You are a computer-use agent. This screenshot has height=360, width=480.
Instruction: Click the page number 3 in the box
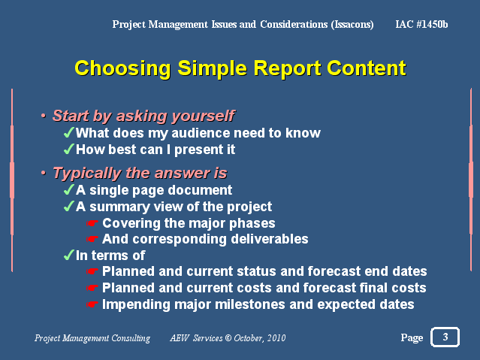click(445, 337)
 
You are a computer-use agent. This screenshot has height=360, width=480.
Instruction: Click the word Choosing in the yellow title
click(122, 68)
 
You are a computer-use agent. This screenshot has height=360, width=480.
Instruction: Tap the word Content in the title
click(367, 68)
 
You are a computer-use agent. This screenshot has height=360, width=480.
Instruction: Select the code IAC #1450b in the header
click(421, 24)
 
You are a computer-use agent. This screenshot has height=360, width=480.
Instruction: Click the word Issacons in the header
click(352, 25)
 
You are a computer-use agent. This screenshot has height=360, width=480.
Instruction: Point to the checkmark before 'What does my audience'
click(69, 132)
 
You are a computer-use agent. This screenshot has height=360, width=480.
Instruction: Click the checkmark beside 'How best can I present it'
click(69, 149)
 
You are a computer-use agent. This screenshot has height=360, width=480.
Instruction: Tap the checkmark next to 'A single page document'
click(69, 189)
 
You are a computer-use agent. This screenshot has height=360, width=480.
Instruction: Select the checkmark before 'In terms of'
click(69, 255)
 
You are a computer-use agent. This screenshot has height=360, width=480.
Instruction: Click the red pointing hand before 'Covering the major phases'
click(92, 223)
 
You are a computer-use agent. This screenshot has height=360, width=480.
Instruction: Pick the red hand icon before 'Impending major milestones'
click(92, 304)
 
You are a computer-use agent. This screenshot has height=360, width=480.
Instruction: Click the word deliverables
click(270, 239)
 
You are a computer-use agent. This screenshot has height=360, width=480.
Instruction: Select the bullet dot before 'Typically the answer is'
click(44, 173)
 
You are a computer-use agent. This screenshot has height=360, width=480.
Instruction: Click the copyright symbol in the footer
click(228, 338)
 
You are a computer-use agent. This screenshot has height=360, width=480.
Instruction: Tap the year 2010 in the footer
click(276, 338)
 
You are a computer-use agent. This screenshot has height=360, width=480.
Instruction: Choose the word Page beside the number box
click(412, 337)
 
